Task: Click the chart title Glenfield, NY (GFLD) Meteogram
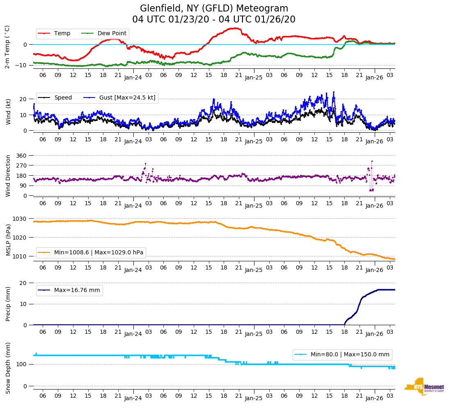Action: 214,9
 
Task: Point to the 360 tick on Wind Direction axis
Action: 22,156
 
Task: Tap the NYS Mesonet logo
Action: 424,387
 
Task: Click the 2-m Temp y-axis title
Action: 7,47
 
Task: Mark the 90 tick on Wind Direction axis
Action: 23,186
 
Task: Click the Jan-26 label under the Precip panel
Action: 374,334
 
